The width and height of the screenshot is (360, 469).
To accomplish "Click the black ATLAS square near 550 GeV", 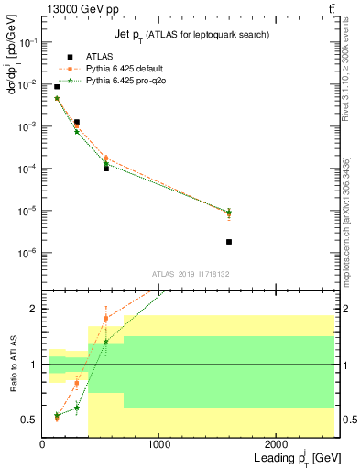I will pos(106,169).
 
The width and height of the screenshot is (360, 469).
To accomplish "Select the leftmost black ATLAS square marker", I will pos(57,87).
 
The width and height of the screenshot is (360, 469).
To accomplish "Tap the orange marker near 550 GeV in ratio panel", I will pos(106,319).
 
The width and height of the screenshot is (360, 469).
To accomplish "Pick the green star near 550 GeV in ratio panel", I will pos(106,342).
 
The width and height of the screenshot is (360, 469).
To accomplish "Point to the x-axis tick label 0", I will pos(42,445).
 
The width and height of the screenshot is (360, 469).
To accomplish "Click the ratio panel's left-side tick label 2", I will pos(34,309).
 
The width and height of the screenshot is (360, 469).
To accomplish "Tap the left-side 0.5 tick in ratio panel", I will pos(30,420).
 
